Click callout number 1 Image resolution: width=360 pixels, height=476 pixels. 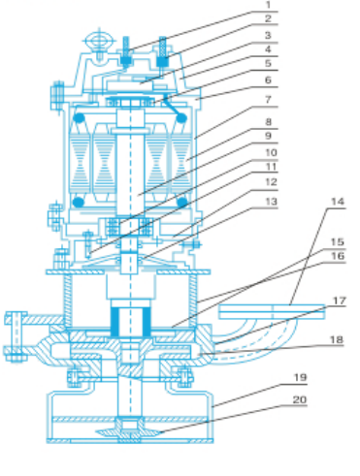tap(268, 5)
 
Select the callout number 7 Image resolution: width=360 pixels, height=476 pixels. tap(268, 100)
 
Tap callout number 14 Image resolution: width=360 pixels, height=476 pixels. tap(338, 202)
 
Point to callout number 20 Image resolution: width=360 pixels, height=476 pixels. tap(300, 399)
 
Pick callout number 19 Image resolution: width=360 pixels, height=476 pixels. tap(300, 377)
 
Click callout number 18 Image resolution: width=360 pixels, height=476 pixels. tap(337, 339)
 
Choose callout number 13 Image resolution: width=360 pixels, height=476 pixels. tap(271, 202)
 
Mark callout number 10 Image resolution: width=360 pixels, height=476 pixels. tap(271, 152)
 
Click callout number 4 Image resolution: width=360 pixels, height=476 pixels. tap(268, 49)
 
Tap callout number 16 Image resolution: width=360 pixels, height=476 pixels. tap(338, 256)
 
